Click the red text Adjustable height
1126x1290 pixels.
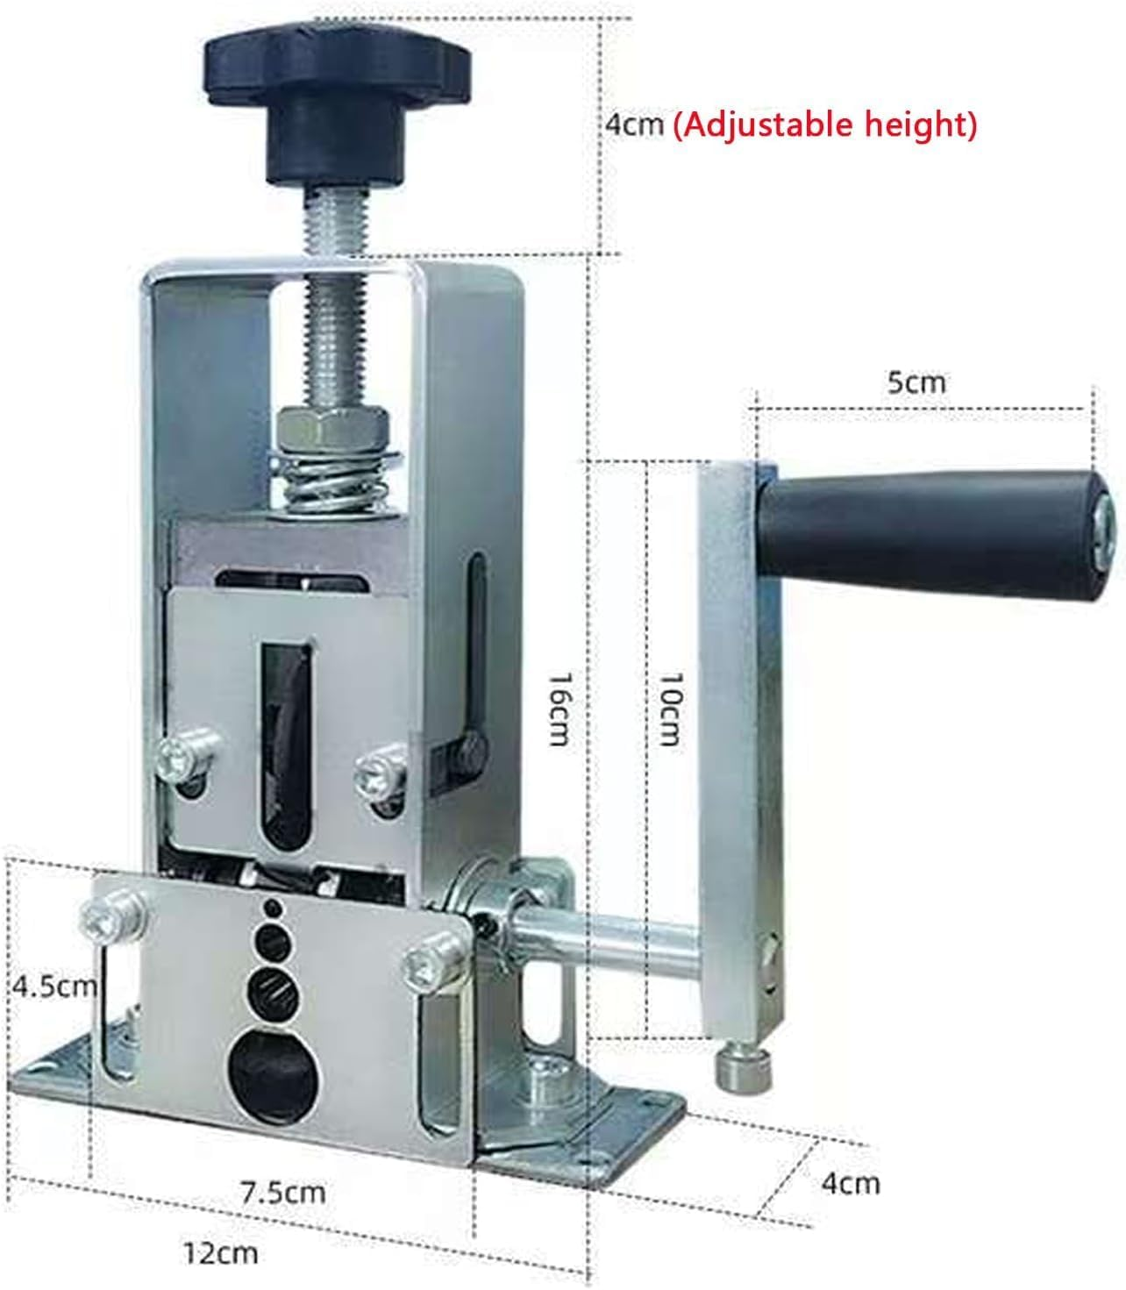pos(824,125)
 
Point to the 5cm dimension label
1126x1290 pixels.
pos(916,383)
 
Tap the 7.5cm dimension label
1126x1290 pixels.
pos(283,1192)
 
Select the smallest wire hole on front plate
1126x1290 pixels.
pos(271,906)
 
